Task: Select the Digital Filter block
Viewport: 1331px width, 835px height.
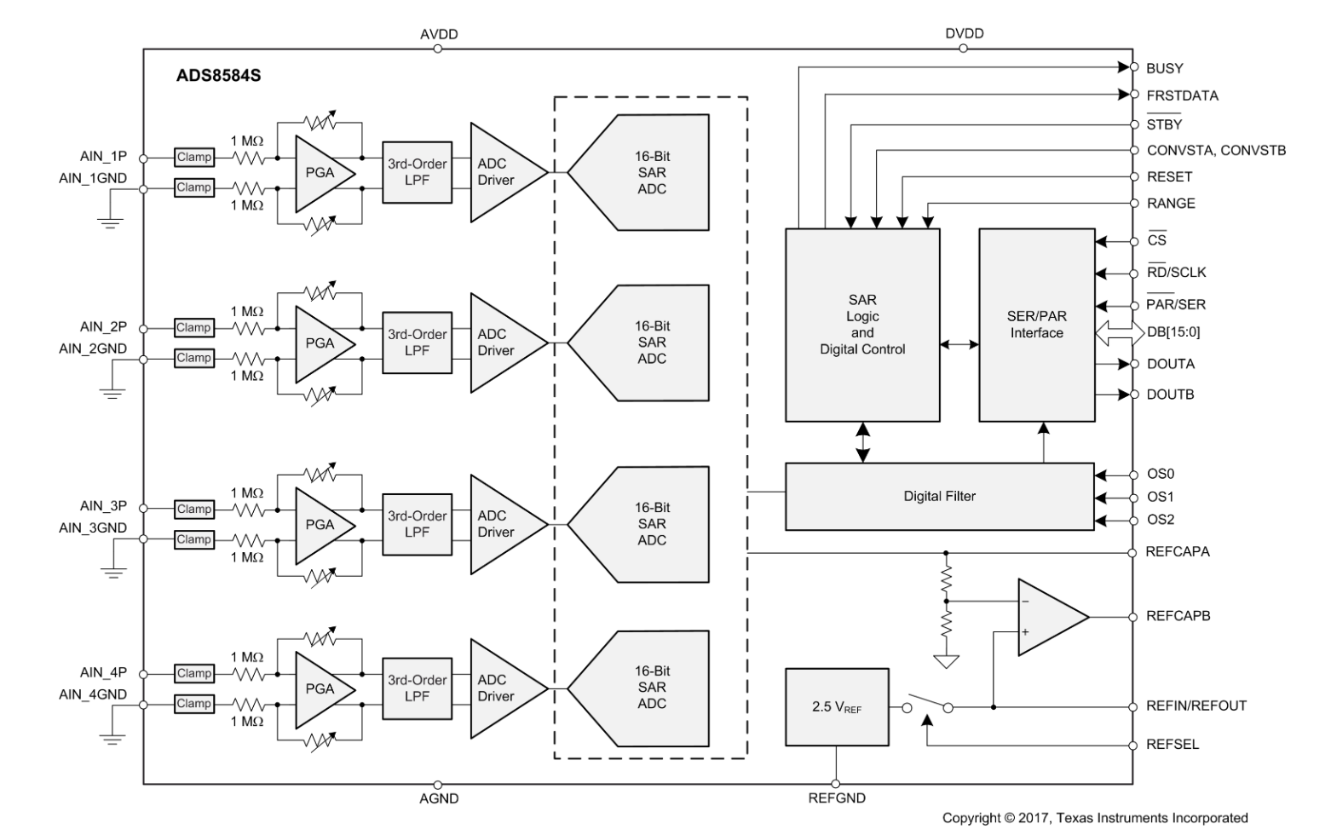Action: point(939,496)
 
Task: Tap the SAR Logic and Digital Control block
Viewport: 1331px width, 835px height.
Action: point(861,325)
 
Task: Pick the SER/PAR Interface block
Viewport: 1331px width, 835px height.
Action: point(1036,325)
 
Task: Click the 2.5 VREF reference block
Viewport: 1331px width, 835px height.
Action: point(836,707)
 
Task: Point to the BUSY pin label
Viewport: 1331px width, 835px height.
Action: point(1164,68)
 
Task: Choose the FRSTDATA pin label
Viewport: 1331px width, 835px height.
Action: point(1182,95)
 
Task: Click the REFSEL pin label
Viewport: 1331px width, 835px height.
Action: point(1173,744)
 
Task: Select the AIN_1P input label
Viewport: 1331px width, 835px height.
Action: point(103,156)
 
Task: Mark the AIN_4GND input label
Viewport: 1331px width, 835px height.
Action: point(93,694)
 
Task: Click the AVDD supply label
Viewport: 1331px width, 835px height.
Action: point(439,34)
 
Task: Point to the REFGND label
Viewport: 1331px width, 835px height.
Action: point(836,798)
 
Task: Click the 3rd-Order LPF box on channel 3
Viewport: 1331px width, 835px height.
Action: point(417,524)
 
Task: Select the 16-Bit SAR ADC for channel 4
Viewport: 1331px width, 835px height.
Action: point(647,688)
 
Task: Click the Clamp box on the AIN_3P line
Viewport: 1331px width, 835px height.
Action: point(193,509)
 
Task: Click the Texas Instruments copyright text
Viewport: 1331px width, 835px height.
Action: point(1094,818)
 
